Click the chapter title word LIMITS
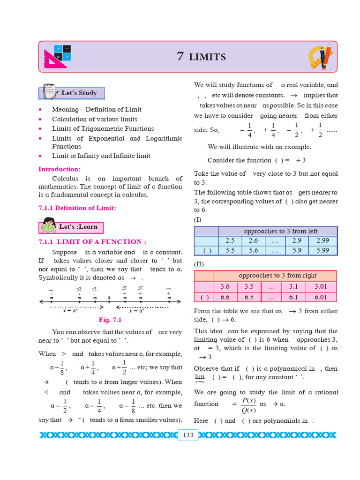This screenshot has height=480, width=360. coord(207,57)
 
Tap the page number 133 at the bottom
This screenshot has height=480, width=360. coord(187,435)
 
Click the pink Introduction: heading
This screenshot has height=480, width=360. coord(60,169)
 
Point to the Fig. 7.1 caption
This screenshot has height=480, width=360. coord(110,320)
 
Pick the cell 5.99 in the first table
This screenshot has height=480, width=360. coord(322,250)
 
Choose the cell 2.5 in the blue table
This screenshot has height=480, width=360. coord(230,240)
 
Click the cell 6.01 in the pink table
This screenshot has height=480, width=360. coord(321,297)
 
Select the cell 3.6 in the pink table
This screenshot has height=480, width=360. coord(225,286)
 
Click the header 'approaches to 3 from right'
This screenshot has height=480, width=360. coord(277,276)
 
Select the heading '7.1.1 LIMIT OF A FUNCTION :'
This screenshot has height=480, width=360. coord(92,242)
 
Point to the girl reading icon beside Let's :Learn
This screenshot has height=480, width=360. coord(48,226)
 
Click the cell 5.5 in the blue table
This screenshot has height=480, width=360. coord(230,250)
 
